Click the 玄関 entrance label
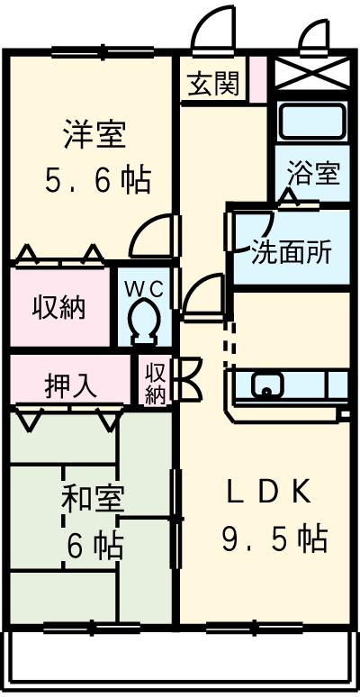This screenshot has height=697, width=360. click(x=213, y=83)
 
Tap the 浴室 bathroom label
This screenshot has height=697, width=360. click(x=314, y=174)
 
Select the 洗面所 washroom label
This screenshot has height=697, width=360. click(x=292, y=253)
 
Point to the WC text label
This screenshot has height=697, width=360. click(x=144, y=289)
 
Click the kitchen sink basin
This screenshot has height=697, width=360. click(x=267, y=385)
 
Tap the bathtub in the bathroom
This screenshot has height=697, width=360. click(x=314, y=121)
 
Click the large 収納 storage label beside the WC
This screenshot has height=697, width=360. click(x=58, y=307)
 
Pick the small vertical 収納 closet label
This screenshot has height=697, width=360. click(x=155, y=384)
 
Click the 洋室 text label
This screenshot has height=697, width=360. click(x=94, y=134)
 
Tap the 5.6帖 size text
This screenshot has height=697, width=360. click(x=98, y=180)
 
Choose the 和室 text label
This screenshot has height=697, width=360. click(x=93, y=500)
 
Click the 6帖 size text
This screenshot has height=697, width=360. click(x=95, y=547)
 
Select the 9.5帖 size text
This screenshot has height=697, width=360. click(x=275, y=539)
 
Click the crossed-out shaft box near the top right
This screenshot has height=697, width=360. click(x=313, y=73)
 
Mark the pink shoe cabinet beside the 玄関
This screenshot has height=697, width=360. click(x=257, y=79)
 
